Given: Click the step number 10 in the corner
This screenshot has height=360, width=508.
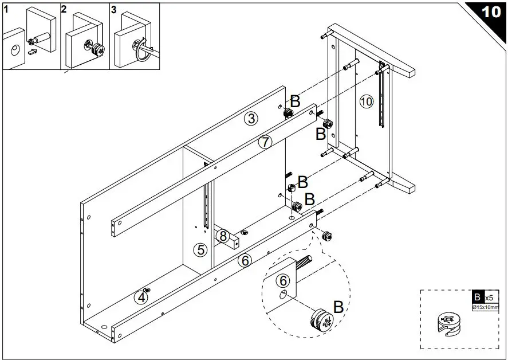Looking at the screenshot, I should click(x=491, y=11).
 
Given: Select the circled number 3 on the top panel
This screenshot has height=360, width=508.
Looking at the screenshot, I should click(x=251, y=119).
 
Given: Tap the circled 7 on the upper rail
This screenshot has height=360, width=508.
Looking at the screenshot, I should click(x=264, y=143).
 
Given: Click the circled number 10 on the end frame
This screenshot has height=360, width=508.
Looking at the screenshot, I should click(x=367, y=102).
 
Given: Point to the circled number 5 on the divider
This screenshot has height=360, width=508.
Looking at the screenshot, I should click(x=200, y=249).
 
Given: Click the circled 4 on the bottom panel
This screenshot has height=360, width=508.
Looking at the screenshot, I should click(x=141, y=297).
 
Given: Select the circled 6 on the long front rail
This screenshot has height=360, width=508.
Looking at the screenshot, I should click(x=245, y=260).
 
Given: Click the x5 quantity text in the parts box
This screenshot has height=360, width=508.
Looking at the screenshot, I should click(x=490, y=298).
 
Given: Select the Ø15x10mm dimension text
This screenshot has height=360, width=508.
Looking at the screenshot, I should click(x=486, y=307).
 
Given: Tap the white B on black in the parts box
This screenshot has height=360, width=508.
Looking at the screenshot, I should click(x=477, y=298).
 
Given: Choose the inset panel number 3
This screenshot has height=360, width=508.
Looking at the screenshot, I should click(x=113, y=9).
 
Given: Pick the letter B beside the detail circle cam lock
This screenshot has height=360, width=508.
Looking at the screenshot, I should click(x=338, y=307).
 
